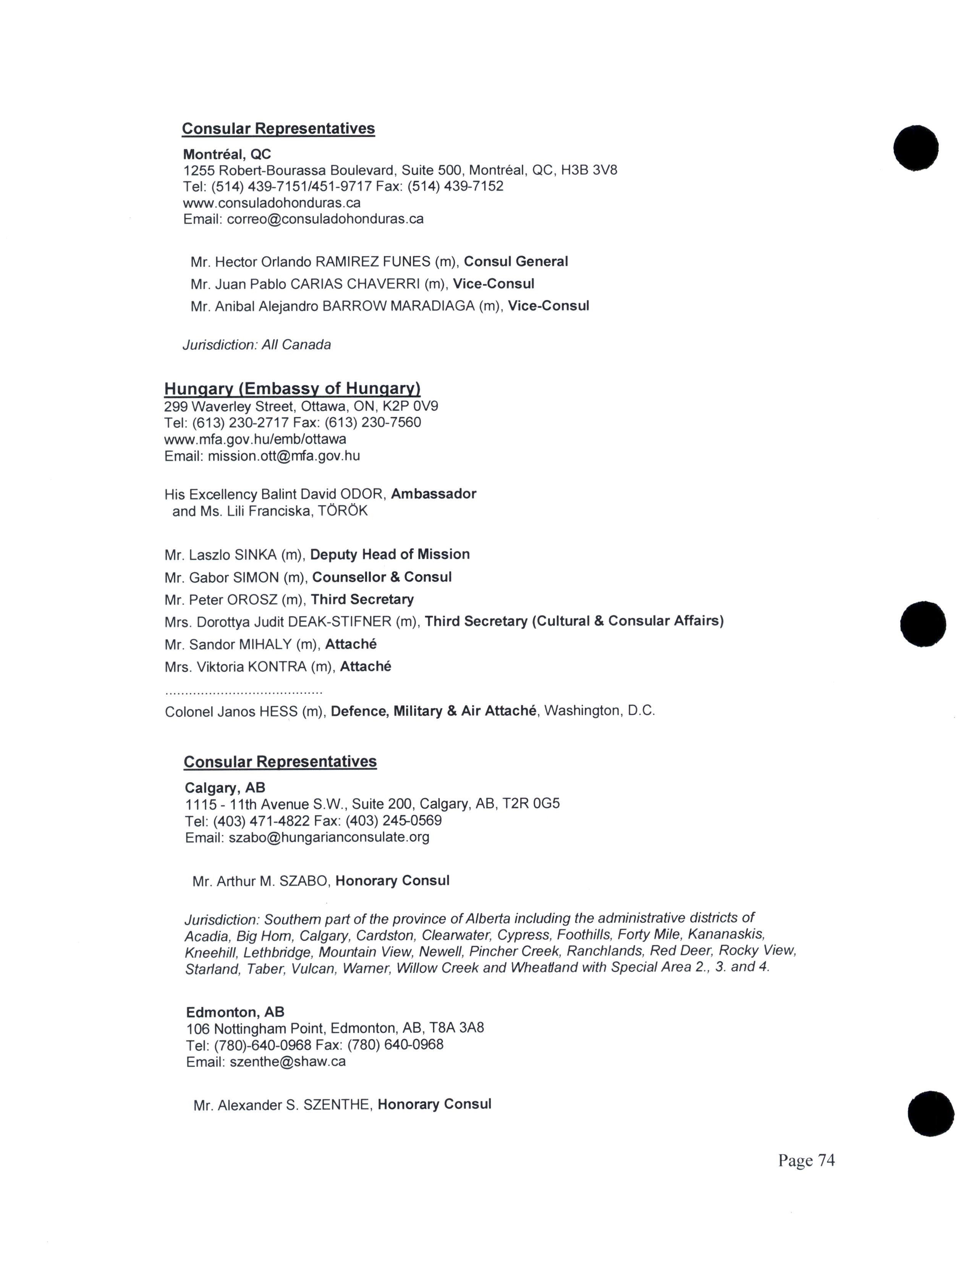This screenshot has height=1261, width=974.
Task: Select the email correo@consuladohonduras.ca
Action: coord(325,219)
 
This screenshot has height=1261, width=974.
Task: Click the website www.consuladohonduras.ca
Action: coord(272,203)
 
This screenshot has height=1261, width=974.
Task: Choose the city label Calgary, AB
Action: coord(225,788)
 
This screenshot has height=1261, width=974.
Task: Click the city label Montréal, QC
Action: coord(227,154)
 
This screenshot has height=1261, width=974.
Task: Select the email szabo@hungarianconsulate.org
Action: coord(329,837)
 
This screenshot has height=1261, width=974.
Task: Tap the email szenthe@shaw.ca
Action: coord(287,1061)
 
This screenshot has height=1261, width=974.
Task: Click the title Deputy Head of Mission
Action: coord(390,554)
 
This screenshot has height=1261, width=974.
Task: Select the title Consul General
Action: coord(516,261)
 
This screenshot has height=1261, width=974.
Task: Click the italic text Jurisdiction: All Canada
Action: coord(257,345)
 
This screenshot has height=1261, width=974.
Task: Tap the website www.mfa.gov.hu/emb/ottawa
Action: coord(255,439)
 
